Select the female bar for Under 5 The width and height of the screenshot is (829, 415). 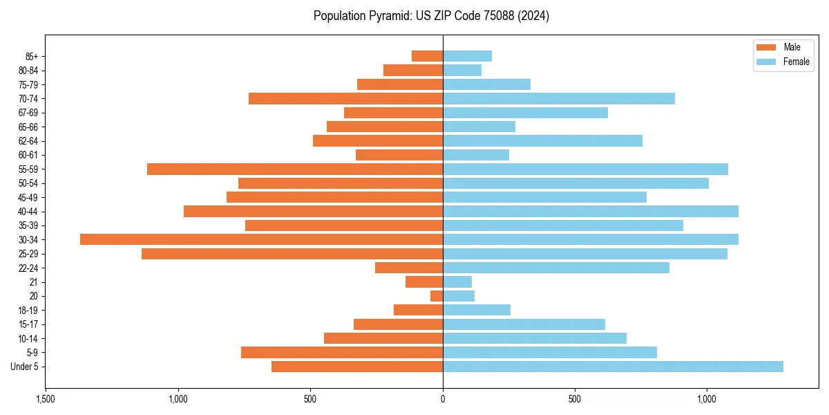click(x=613, y=367)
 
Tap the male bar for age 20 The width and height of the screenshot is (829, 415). click(x=437, y=296)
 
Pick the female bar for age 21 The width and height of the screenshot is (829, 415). click(x=457, y=282)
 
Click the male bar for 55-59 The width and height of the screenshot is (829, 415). click(x=295, y=169)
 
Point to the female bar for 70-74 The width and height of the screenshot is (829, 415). click(x=559, y=98)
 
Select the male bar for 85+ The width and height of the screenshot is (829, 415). click(x=427, y=56)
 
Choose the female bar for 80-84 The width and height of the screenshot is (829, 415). click(x=462, y=70)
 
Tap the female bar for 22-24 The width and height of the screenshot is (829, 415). click(x=556, y=268)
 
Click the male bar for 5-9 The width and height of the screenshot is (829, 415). click(x=342, y=352)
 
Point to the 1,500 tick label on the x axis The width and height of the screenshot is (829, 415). click(x=46, y=399)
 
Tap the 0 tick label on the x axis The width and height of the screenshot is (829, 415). click(x=443, y=399)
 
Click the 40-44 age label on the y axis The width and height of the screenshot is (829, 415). click(x=28, y=211)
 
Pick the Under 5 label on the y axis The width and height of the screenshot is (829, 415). click(x=24, y=367)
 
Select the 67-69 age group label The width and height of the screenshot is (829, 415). click(x=28, y=113)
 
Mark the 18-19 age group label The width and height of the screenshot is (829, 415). click(x=28, y=310)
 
